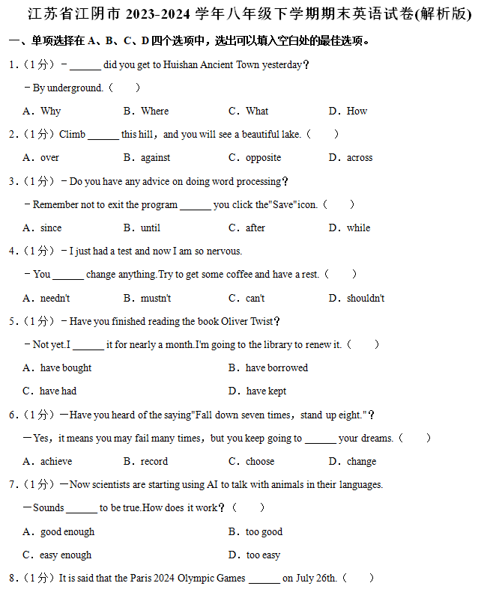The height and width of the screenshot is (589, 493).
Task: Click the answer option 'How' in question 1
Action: coord(357,111)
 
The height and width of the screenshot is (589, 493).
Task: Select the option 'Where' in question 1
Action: coord(155,111)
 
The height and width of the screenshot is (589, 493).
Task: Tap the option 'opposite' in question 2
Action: coord(263,158)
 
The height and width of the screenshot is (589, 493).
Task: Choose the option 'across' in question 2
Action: coord(360,158)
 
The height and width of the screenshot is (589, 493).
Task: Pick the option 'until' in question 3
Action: coord(151,228)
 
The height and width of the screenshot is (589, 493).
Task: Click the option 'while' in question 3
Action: coord(358,228)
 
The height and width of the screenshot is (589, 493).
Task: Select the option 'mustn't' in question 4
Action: coord(156,298)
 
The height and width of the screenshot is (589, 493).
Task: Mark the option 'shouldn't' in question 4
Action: coord(366,298)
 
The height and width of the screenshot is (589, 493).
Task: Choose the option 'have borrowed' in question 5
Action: coord(276,367)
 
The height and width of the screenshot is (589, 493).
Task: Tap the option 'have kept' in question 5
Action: coord(266,391)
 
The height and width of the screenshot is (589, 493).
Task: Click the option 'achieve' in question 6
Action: coord(56,461)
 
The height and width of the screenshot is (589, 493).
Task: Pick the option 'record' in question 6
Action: coord(154,461)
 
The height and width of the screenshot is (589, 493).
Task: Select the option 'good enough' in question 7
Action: coord(67,531)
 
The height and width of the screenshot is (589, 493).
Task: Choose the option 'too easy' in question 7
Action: coord(263,555)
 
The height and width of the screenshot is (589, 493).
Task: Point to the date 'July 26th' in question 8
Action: coord(315,578)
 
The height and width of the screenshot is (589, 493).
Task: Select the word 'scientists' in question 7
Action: coord(113,484)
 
